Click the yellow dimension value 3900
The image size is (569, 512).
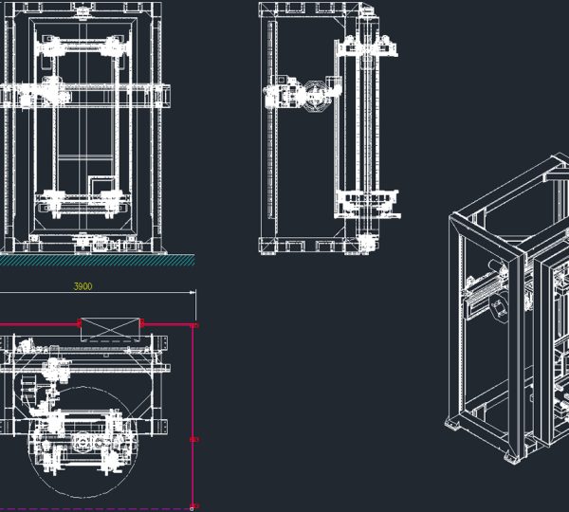point(83,286)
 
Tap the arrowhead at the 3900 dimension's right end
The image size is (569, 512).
point(193,292)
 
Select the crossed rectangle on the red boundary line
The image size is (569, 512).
point(110,330)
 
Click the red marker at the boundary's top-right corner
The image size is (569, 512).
point(195,325)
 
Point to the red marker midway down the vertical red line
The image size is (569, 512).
point(194,440)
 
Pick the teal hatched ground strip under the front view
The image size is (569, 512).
point(97,260)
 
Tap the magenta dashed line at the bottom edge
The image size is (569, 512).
point(95,509)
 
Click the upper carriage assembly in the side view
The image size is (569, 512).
point(366,46)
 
